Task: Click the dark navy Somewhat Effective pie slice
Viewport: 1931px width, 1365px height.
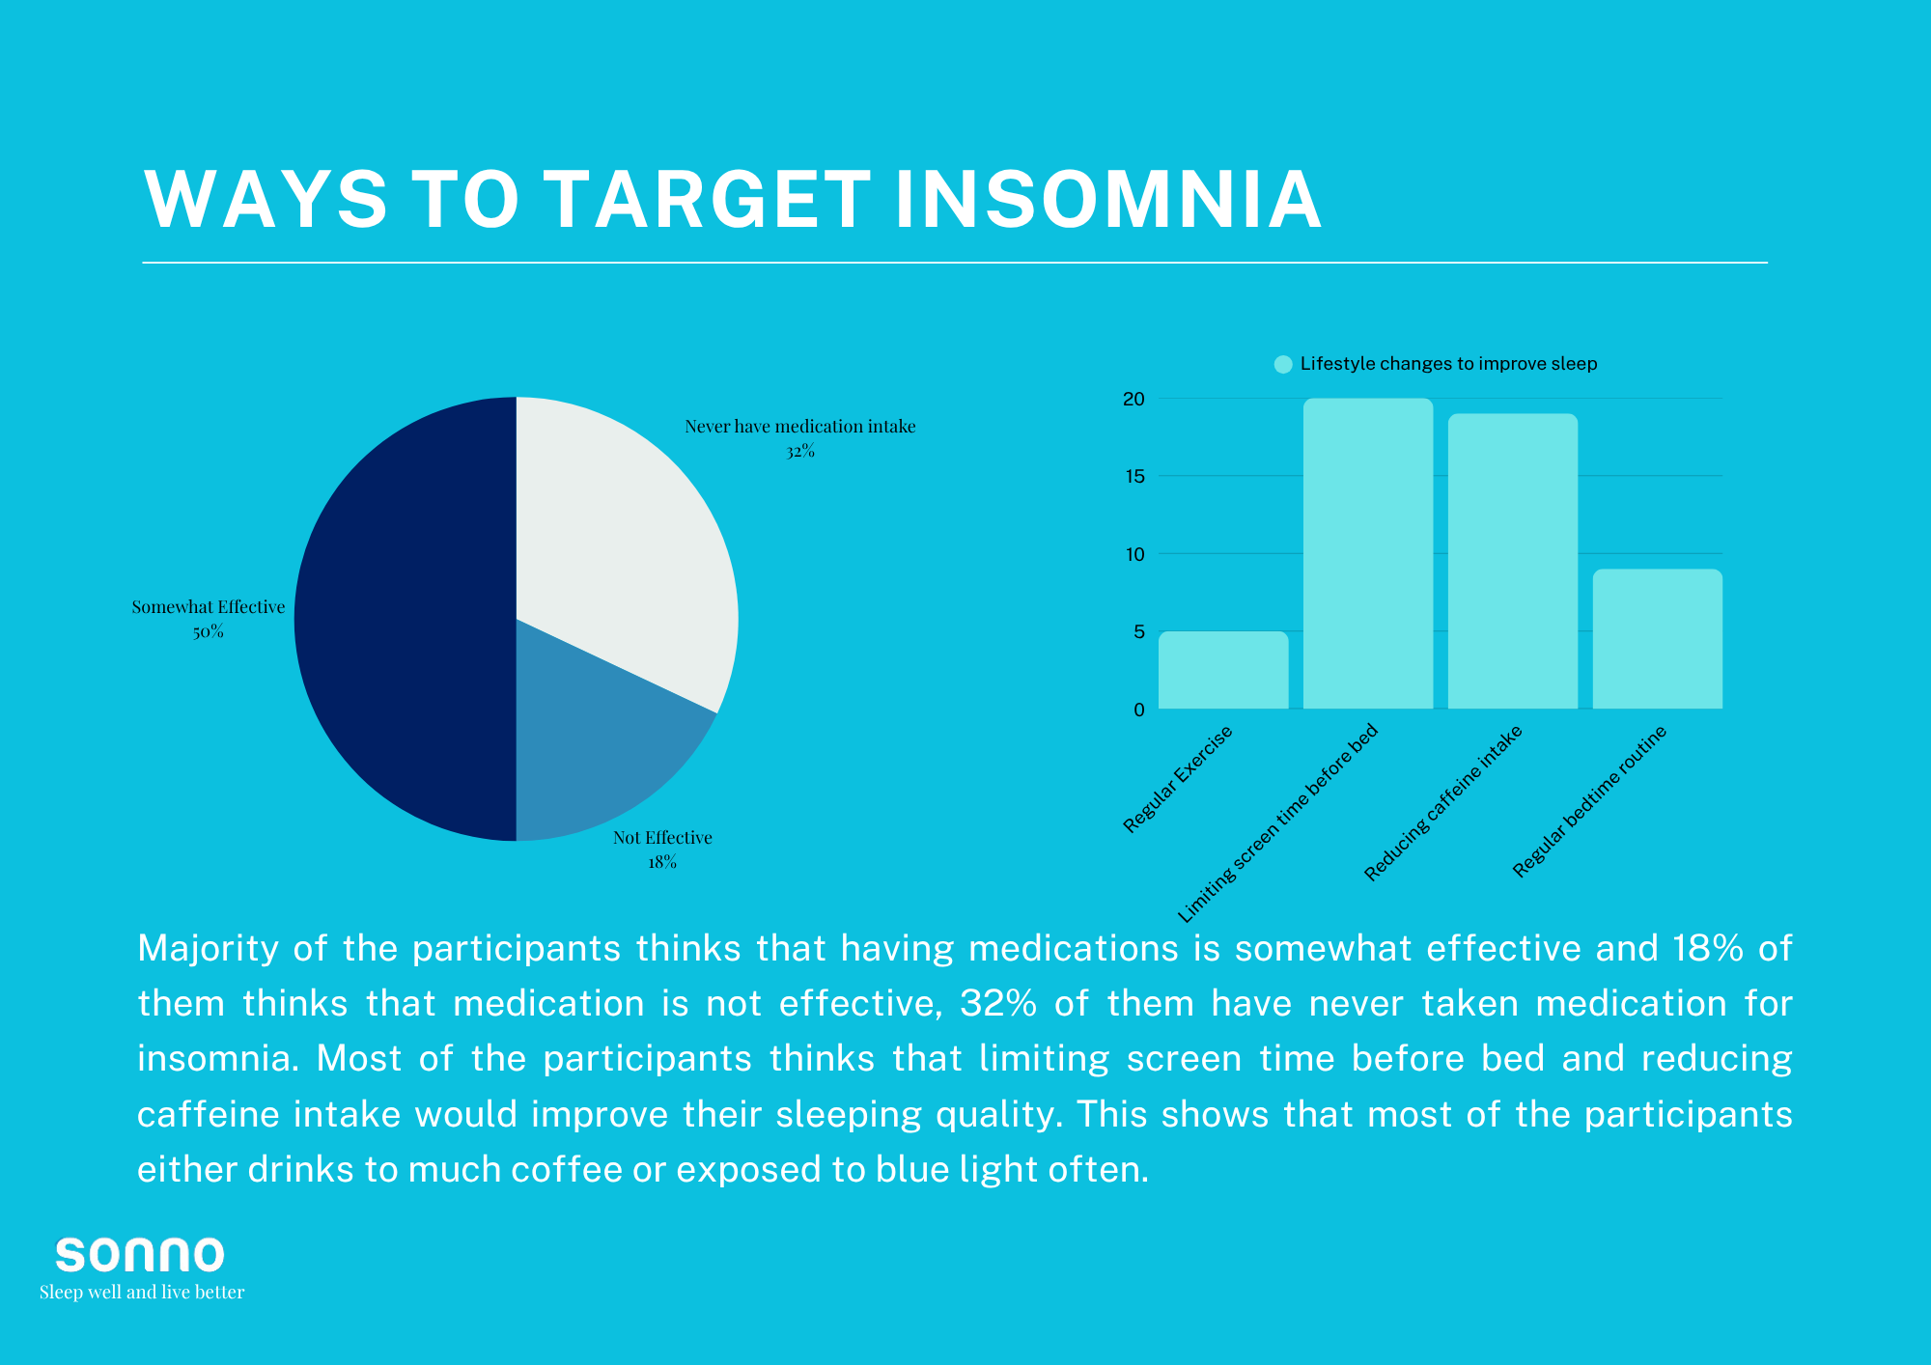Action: pyautogui.click(x=406, y=619)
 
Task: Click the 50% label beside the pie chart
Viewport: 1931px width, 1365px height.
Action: pyautogui.click(x=209, y=632)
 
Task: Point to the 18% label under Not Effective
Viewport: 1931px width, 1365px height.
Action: pyautogui.click(x=662, y=863)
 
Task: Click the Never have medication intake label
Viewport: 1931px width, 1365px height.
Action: pyautogui.click(x=800, y=427)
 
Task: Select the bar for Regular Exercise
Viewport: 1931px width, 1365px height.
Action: pyautogui.click(x=1223, y=670)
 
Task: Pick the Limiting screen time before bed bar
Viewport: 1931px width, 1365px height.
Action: pyautogui.click(x=1368, y=554)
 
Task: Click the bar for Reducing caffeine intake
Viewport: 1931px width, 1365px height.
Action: pyautogui.click(x=1513, y=562)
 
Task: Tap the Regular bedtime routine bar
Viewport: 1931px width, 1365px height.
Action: pyautogui.click(x=1658, y=639)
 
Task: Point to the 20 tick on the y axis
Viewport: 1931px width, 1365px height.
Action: pyautogui.click(x=1133, y=399)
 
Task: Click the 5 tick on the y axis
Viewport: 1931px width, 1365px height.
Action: pyautogui.click(x=1139, y=631)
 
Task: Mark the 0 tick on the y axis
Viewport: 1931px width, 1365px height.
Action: pyautogui.click(x=1139, y=710)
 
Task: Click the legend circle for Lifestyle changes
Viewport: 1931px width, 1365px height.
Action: pyautogui.click(x=1283, y=364)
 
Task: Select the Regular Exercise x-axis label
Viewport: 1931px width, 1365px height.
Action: pyautogui.click(x=1178, y=779)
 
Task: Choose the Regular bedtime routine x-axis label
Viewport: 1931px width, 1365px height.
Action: pyautogui.click(x=1590, y=801)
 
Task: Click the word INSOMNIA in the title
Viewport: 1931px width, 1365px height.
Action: pyautogui.click(x=1108, y=200)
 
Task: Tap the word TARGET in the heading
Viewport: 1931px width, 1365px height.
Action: pyautogui.click(x=709, y=200)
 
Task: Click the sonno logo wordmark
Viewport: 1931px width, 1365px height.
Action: pyautogui.click(x=140, y=1255)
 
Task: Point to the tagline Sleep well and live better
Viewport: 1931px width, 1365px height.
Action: pyautogui.click(x=142, y=1293)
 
